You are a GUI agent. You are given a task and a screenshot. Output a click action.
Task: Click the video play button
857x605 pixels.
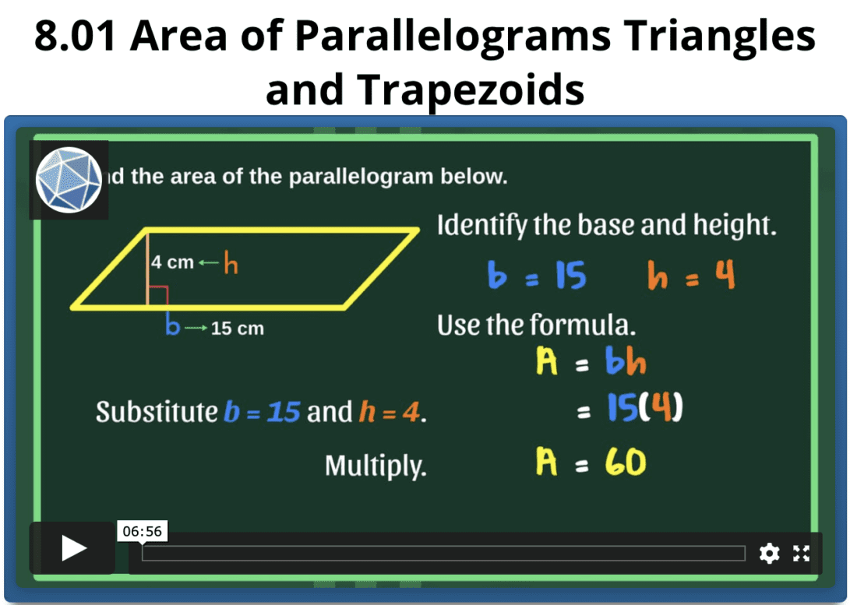(74, 548)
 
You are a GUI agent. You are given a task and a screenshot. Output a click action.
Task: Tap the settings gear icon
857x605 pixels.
(769, 554)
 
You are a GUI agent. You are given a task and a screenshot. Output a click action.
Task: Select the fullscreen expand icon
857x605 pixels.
(801, 554)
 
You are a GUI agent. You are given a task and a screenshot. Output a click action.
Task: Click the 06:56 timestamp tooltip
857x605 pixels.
(142, 531)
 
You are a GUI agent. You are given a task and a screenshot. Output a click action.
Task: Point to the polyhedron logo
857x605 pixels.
(69, 180)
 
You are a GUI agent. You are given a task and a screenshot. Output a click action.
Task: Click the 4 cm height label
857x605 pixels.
(172, 262)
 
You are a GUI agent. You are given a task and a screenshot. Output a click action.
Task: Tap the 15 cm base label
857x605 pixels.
(238, 329)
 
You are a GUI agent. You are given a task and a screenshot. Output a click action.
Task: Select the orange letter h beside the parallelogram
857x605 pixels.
(231, 265)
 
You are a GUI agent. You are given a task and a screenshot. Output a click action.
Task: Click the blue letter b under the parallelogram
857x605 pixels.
(172, 325)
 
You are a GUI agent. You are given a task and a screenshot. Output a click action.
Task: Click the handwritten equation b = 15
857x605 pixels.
(537, 276)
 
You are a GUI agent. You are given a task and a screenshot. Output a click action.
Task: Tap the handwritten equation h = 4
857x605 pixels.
(690, 276)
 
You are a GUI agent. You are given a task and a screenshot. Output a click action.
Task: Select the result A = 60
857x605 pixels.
(591, 464)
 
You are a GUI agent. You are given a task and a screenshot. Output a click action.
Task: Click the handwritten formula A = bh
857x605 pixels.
(591, 362)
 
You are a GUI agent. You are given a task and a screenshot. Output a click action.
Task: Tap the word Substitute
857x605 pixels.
(157, 411)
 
